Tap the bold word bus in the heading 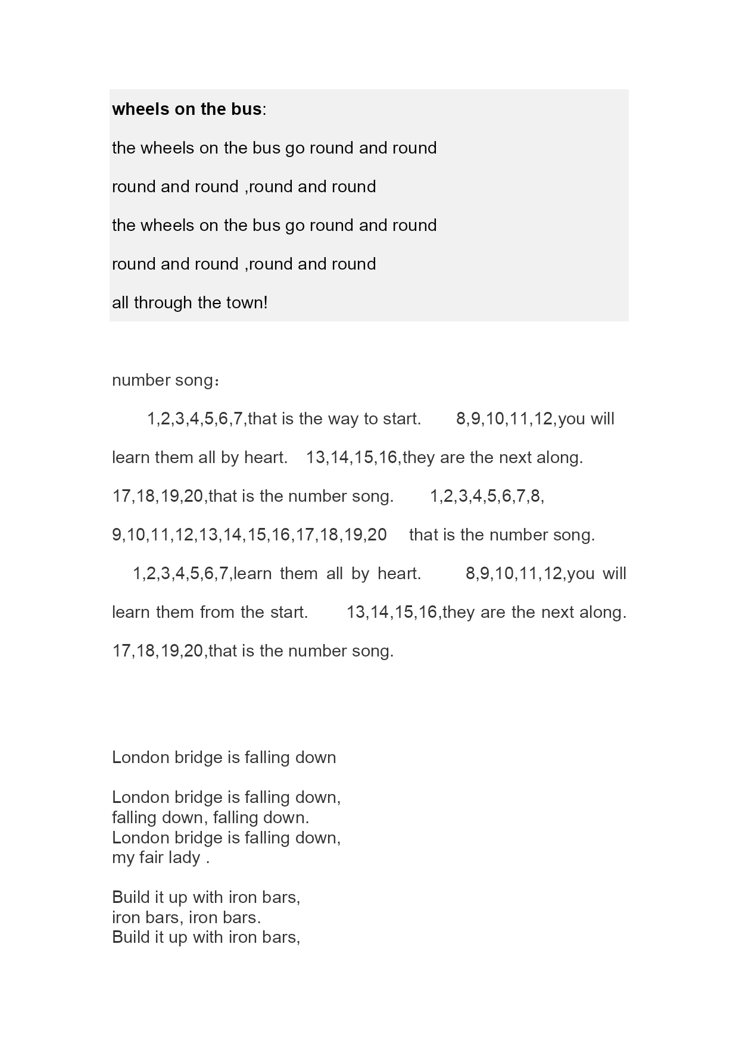(248, 109)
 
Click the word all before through (120, 302)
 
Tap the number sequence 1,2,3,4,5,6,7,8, (487, 496)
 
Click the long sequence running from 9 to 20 (250, 534)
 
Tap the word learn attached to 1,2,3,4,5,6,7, (252, 573)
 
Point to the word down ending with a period (287, 817)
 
